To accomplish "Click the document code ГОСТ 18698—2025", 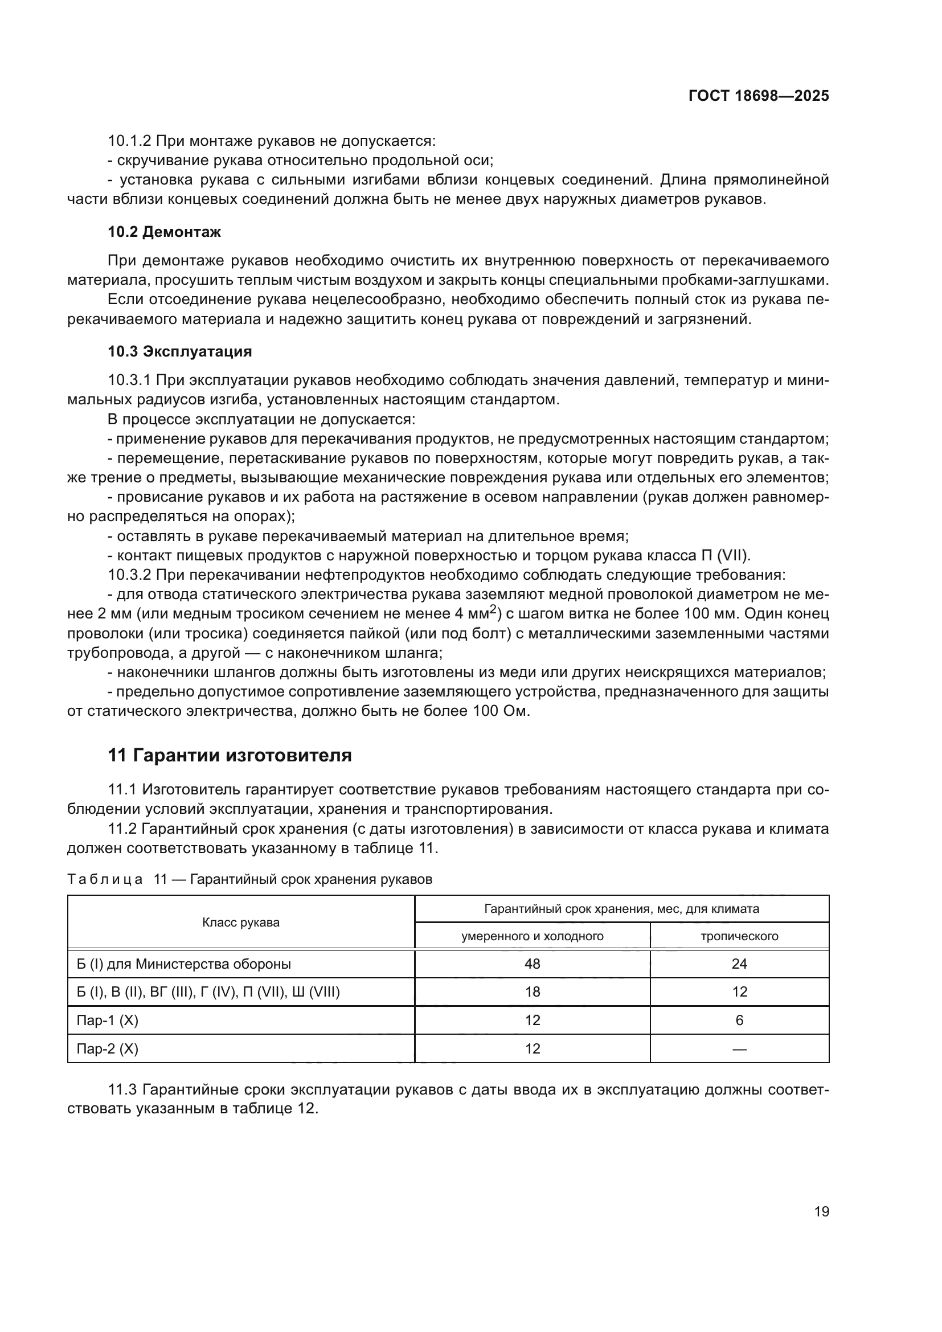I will [x=758, y=96].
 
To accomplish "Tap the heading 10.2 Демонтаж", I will [x=164, y=232].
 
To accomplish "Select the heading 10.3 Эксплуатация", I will [x=180, y=351].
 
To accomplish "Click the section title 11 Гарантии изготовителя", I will [x=230, y=755].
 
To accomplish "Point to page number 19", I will [x=821, y=1211].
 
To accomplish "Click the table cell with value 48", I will [x=532, y=964].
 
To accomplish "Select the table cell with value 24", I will [x=739, y=964].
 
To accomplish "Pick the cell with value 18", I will [x=532, y=991].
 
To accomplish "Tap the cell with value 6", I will [x=739, y=1020].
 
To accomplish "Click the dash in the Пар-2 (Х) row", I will [x=739, y=1048].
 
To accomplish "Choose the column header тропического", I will [x=739, y=936].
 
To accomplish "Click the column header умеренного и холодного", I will [x=532, y=936].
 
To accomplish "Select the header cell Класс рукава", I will [x=241, y=923].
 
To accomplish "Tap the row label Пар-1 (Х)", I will [x=107, y=1020].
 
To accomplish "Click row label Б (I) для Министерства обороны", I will [x=184, y=964].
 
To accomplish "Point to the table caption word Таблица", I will [x=104, y=879].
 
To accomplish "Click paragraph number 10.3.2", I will [x=129, y=575].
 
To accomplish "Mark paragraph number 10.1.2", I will [x=129, y=141].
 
